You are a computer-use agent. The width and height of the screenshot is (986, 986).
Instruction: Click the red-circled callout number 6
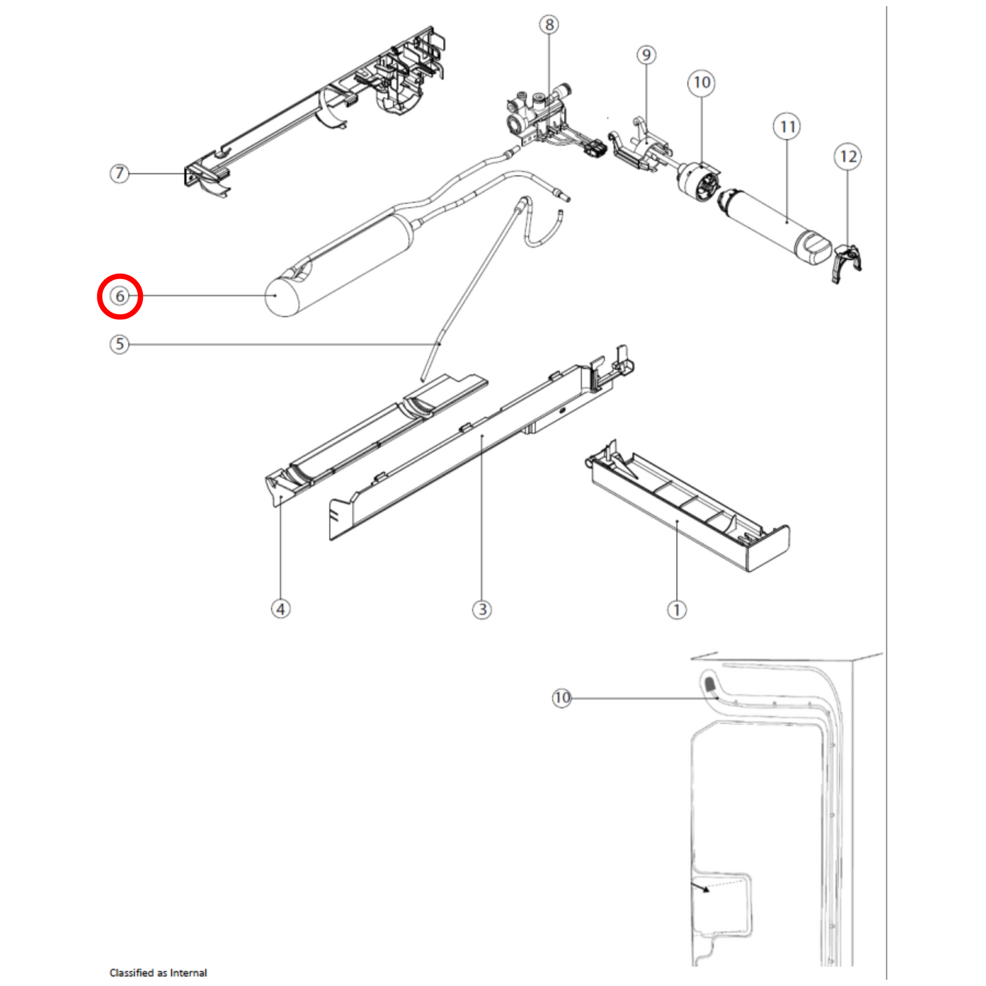(x=120, y=296)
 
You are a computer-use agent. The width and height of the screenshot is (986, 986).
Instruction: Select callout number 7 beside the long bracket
(x=120, y=173)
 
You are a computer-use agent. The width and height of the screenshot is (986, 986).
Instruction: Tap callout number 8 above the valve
(x=549, y=25)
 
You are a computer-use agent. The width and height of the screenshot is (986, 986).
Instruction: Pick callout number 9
(x=646, y=55)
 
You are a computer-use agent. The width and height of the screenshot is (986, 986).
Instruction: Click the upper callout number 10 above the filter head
(x=701, y=83)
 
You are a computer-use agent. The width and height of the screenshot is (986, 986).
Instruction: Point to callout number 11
(x=787, y=127)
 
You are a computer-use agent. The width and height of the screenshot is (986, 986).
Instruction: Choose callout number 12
(x=848, y=157)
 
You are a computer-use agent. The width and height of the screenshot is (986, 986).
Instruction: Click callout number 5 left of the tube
(x=120, y=344)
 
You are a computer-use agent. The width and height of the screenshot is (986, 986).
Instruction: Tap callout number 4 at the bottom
(x=281, y=609)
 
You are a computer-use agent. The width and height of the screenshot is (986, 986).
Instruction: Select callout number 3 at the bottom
(x=482, y=609)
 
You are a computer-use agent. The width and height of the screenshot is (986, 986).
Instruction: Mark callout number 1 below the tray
(x=677, y=610)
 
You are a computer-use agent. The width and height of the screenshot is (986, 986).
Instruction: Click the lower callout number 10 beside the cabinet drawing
(x=562, y=698)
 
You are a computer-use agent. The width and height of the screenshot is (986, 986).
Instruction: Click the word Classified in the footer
(x=131, y=972)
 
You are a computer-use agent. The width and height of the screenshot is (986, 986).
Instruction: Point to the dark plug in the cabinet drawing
(x=709, y=683)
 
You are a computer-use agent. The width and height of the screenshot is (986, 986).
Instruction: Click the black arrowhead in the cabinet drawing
(x=704, y=889)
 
